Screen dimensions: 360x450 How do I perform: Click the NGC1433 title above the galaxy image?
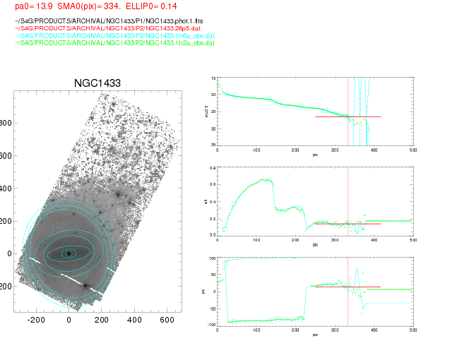tap(97, 83)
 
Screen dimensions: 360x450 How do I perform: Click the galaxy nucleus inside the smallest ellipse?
tap(69, 253)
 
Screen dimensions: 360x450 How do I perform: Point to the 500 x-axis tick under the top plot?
tap(413, 150)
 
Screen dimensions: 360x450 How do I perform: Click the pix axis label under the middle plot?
tap(315, 245)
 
